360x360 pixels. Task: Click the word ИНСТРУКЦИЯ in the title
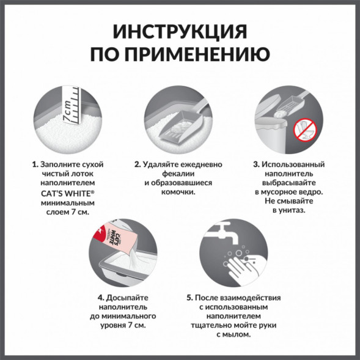tap(180, 32)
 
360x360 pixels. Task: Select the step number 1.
tap(34, 165)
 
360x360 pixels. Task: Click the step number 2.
tap(138, 165)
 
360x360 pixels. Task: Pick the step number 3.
tap(255, 165)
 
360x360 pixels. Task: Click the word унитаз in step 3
tap(292, 210)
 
